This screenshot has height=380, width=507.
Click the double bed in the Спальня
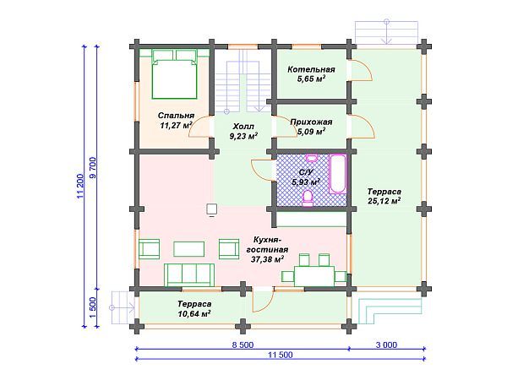pos(175,74)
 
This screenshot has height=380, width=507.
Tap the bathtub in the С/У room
pos(337,174)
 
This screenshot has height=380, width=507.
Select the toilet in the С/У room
pos(308,198)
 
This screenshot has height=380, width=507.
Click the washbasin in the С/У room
pos(312,158)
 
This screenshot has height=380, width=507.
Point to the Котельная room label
pos(311,69)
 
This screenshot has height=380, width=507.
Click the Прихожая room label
pos(311,122)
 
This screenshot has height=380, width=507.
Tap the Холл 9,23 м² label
pos(243,131)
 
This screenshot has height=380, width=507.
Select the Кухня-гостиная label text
pos(267,245)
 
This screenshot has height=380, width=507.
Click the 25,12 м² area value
pos(384,201)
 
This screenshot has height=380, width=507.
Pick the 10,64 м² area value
pos(194,313)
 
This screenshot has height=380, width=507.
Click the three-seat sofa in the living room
pos(189,275)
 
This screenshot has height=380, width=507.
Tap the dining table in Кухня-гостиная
pos(314,276)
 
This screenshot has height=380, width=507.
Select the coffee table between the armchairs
pos(188,249)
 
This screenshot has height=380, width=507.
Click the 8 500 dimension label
pos(243,345)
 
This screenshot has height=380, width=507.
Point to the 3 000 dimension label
pos(386,345)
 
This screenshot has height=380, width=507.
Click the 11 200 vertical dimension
pos(80,186)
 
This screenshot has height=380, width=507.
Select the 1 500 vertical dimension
pos(93,307)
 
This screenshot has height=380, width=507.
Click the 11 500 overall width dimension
pos(281,355)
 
